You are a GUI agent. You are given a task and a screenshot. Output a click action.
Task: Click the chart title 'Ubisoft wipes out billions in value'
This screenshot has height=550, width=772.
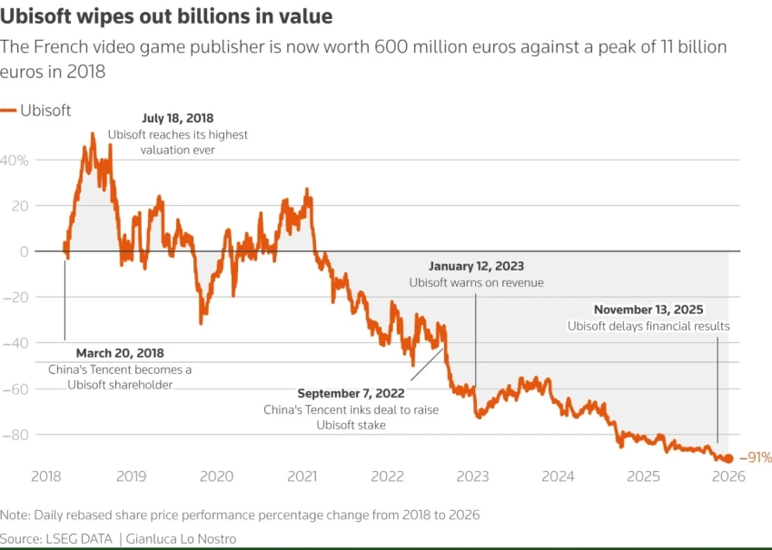(x=166, y=16)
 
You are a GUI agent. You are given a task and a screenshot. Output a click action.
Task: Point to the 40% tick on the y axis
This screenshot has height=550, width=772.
(x=15, y=160)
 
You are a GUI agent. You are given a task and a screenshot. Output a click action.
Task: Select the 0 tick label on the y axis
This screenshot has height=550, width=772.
(x=25, y=251)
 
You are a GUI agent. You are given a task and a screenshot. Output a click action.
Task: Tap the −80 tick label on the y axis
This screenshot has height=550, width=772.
(x=17, y=435)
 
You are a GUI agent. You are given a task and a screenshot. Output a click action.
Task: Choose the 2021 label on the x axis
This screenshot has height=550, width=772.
(x=302, y=476)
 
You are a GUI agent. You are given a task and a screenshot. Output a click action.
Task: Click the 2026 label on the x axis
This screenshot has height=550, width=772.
(x=727, y=476)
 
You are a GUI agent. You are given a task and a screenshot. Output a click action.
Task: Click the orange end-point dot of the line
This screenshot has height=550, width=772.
(x=728, y=458)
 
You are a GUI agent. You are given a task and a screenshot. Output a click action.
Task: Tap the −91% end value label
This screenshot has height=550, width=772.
(x=755, y=458)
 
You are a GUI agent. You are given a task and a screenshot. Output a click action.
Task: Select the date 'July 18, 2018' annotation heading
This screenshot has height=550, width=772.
(x=177, y=119)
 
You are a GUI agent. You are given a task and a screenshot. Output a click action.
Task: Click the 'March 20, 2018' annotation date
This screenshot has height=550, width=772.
(x=120, y=353)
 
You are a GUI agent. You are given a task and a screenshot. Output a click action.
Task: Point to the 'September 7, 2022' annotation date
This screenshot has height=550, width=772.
(x=351, y=394)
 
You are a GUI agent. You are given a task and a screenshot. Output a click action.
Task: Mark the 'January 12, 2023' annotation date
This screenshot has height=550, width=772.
(x=476, y=266)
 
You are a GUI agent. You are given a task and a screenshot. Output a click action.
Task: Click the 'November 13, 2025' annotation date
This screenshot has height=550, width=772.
(x=648, y=309)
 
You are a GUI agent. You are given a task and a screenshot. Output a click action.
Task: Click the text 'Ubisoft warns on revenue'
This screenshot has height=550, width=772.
(x=476, y=282)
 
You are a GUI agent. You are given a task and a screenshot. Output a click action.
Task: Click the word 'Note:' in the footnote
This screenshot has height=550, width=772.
(x=15, y=515)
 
